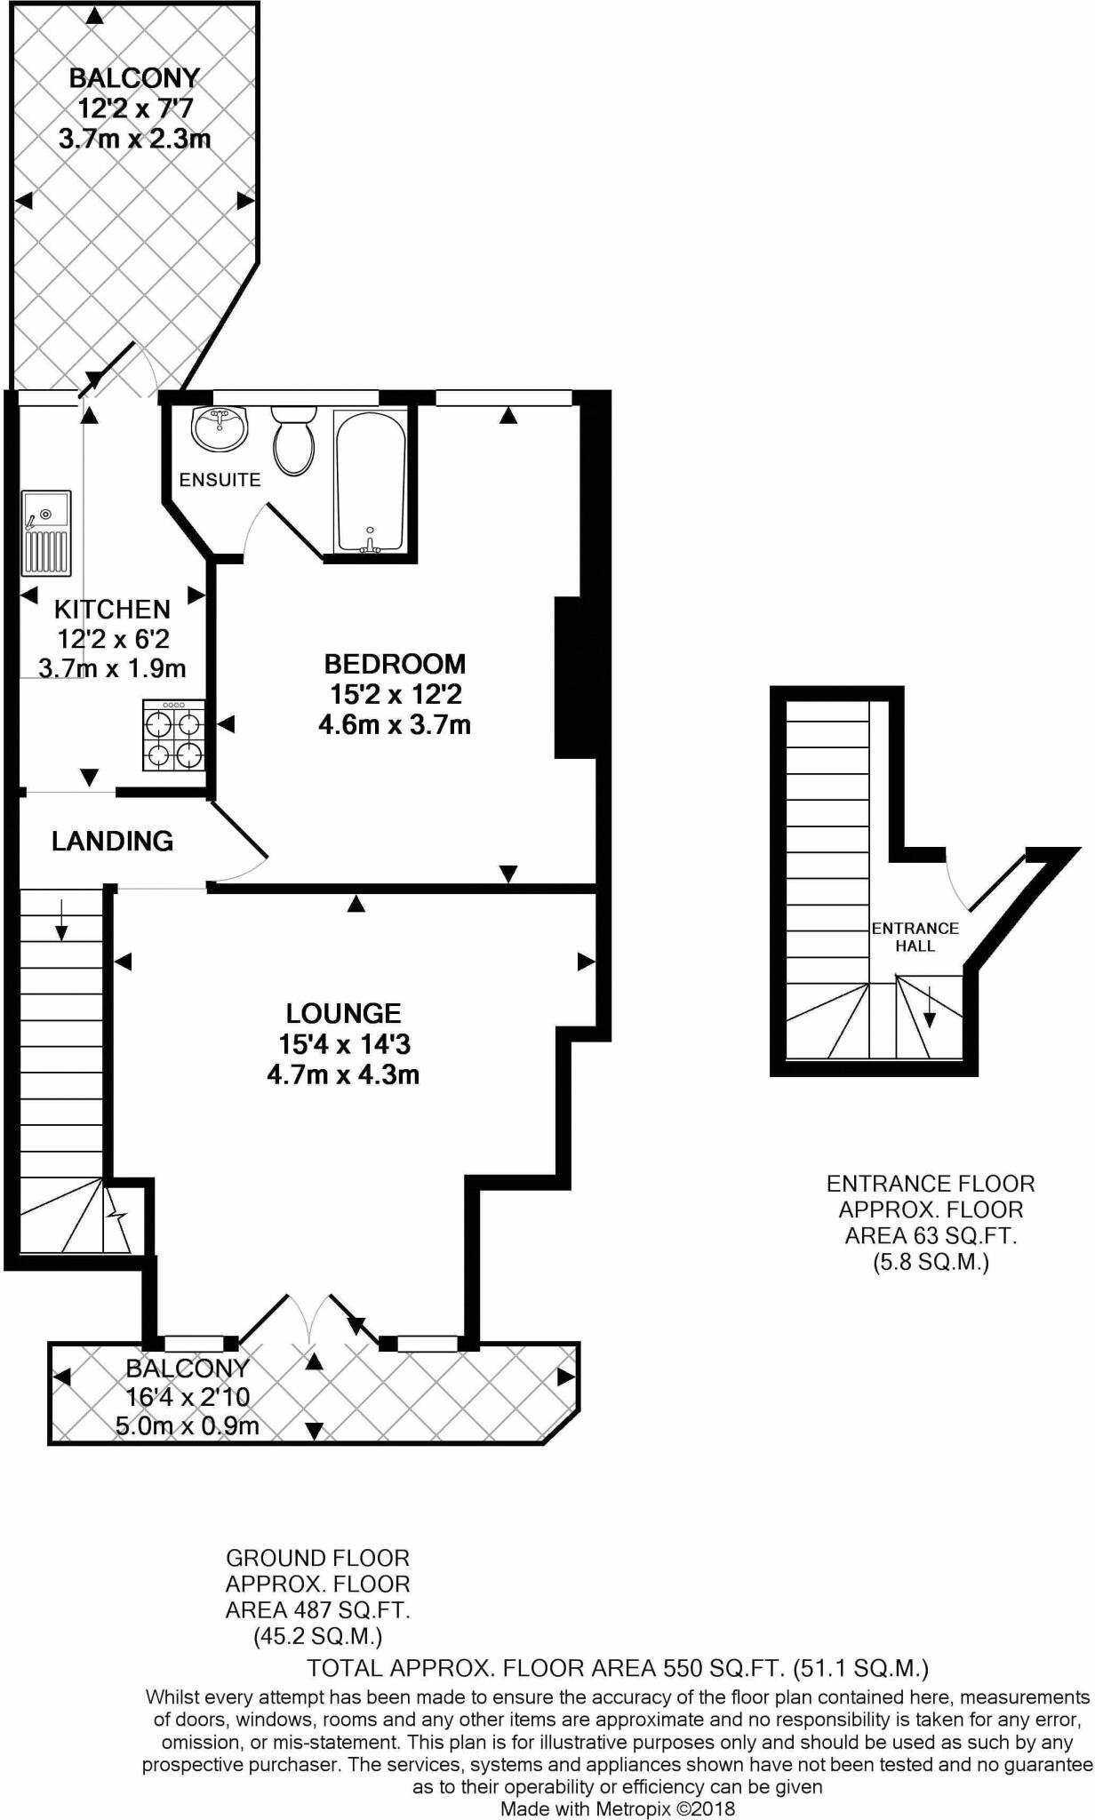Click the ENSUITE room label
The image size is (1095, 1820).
click(x=220, y=480)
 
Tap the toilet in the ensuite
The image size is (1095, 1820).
click(x=292, y=442)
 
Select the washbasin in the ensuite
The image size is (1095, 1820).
click(x=219, y=428)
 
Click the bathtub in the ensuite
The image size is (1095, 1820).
click(x=370, y=481)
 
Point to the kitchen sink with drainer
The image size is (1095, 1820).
click(x=46, y=532)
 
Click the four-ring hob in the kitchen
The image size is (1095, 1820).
click(x=173, y=736)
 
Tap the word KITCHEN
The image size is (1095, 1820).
click(x=112, y=610)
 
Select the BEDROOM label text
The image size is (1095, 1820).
click(x=395, y=664)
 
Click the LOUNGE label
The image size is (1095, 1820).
click(x=343, y=1013)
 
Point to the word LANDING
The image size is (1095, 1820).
click(x=112, y=841)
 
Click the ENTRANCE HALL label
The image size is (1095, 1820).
click(x=915, y=937)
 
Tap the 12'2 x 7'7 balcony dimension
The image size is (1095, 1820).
click(x=135, y=109)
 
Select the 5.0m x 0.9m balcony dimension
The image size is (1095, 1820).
click(x=187, y=1426)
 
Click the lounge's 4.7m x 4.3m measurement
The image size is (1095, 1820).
click(x=343, y=1074)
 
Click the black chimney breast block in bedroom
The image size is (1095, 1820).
click(x=575, y=677)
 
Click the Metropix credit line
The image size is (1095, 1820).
click(x=618, y=1808)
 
